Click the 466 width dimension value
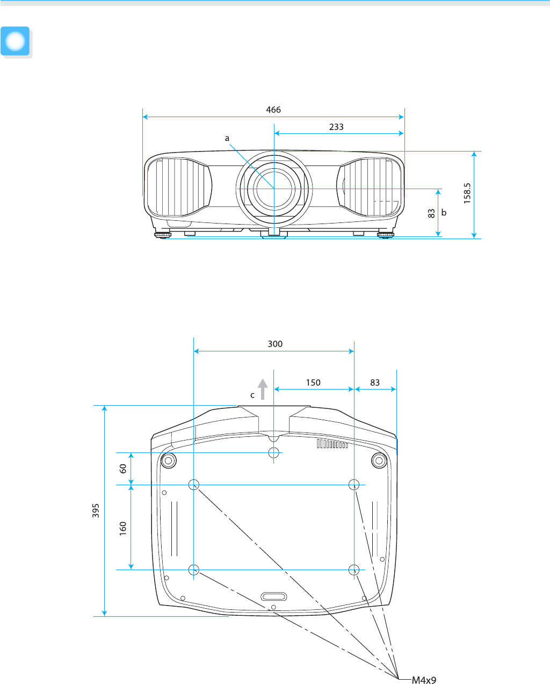[273, 110]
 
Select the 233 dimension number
[336, 127]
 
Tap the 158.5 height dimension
[467, 193]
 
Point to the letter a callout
[227, 139]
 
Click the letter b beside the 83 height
[444, 212]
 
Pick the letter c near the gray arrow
[252, 395]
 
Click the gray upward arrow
[263, 389]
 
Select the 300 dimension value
[275, 344]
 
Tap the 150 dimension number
[313, 383]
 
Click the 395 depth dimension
[96, 510]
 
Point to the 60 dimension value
[123, 469]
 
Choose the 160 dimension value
[123, 529]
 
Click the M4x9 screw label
[424, 680]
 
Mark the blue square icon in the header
[15, 41]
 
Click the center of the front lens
[274, 189]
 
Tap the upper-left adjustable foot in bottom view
[169, 460]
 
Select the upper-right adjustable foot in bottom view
[379, 460]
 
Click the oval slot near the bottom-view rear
[273, 596]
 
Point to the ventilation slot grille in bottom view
[332, 444]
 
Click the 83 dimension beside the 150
[375, 383]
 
